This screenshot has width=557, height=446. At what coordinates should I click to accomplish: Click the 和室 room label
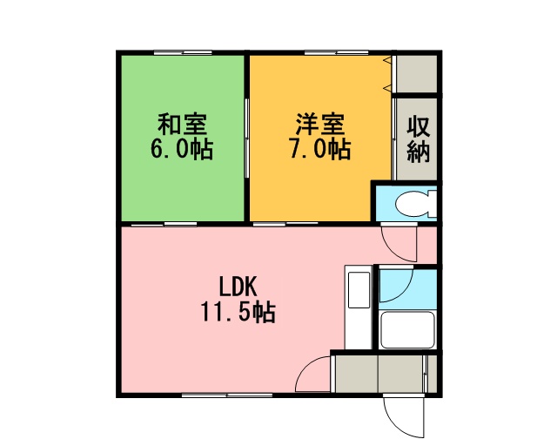[x=182, y=124]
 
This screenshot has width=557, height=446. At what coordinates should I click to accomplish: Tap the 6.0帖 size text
[x=182, y=149]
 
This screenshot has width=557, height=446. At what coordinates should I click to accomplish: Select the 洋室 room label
[x=320, y=124]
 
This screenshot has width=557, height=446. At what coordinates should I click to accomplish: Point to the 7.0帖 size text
[x=320, y=149]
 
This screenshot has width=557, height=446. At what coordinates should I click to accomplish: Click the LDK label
[x=238, y=287]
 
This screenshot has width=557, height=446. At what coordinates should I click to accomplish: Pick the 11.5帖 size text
[x=238, y=312]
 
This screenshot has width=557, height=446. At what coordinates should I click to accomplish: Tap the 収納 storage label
[x=419, y=139]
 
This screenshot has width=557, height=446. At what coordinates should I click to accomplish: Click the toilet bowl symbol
[x=415, y=204]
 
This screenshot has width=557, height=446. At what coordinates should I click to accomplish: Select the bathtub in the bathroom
[x=407, y=329]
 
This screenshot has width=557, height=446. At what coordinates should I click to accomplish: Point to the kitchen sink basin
[x=359, y=289]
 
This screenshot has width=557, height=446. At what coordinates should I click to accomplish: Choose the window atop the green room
[x=183, y=53]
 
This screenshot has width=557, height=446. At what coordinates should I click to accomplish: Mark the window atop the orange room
[x=336, y=53]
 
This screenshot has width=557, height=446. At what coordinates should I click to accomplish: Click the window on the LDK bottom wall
[x=227, y=395]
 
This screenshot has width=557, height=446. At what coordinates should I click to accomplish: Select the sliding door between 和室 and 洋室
[x=246, y=138]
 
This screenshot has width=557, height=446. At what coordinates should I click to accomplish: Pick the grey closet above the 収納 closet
[x=416, y=74]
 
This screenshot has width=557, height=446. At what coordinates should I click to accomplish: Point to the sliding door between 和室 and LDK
[x=164, y=225]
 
